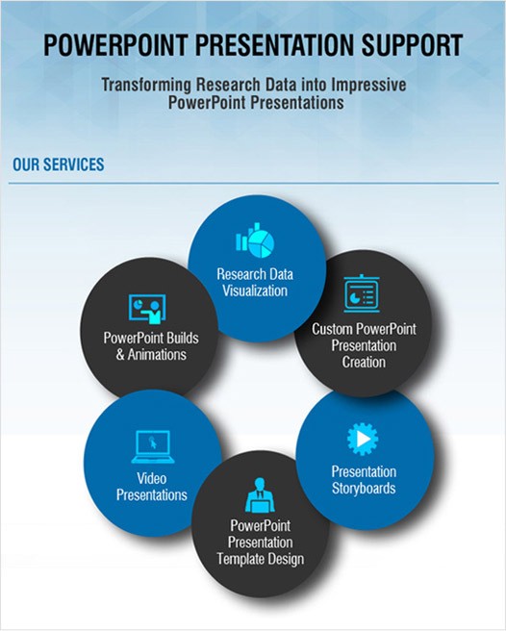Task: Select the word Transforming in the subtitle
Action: (x=147, y=85)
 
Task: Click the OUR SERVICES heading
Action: (x=58, y=164)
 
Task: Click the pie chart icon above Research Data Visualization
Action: (x=253, y=242)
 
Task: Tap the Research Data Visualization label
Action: (x=254, y=282)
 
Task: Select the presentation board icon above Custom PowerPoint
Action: (x=362, y=292)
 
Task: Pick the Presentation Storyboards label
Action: (x=364, y=480)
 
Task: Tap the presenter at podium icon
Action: (x=260, y=494)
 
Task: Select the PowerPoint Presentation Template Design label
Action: (x=261, y=543)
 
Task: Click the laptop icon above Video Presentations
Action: (x=151, y=446)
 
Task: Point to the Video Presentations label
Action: (x=152, y=487)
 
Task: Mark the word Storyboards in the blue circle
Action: (x=364, y=489)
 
